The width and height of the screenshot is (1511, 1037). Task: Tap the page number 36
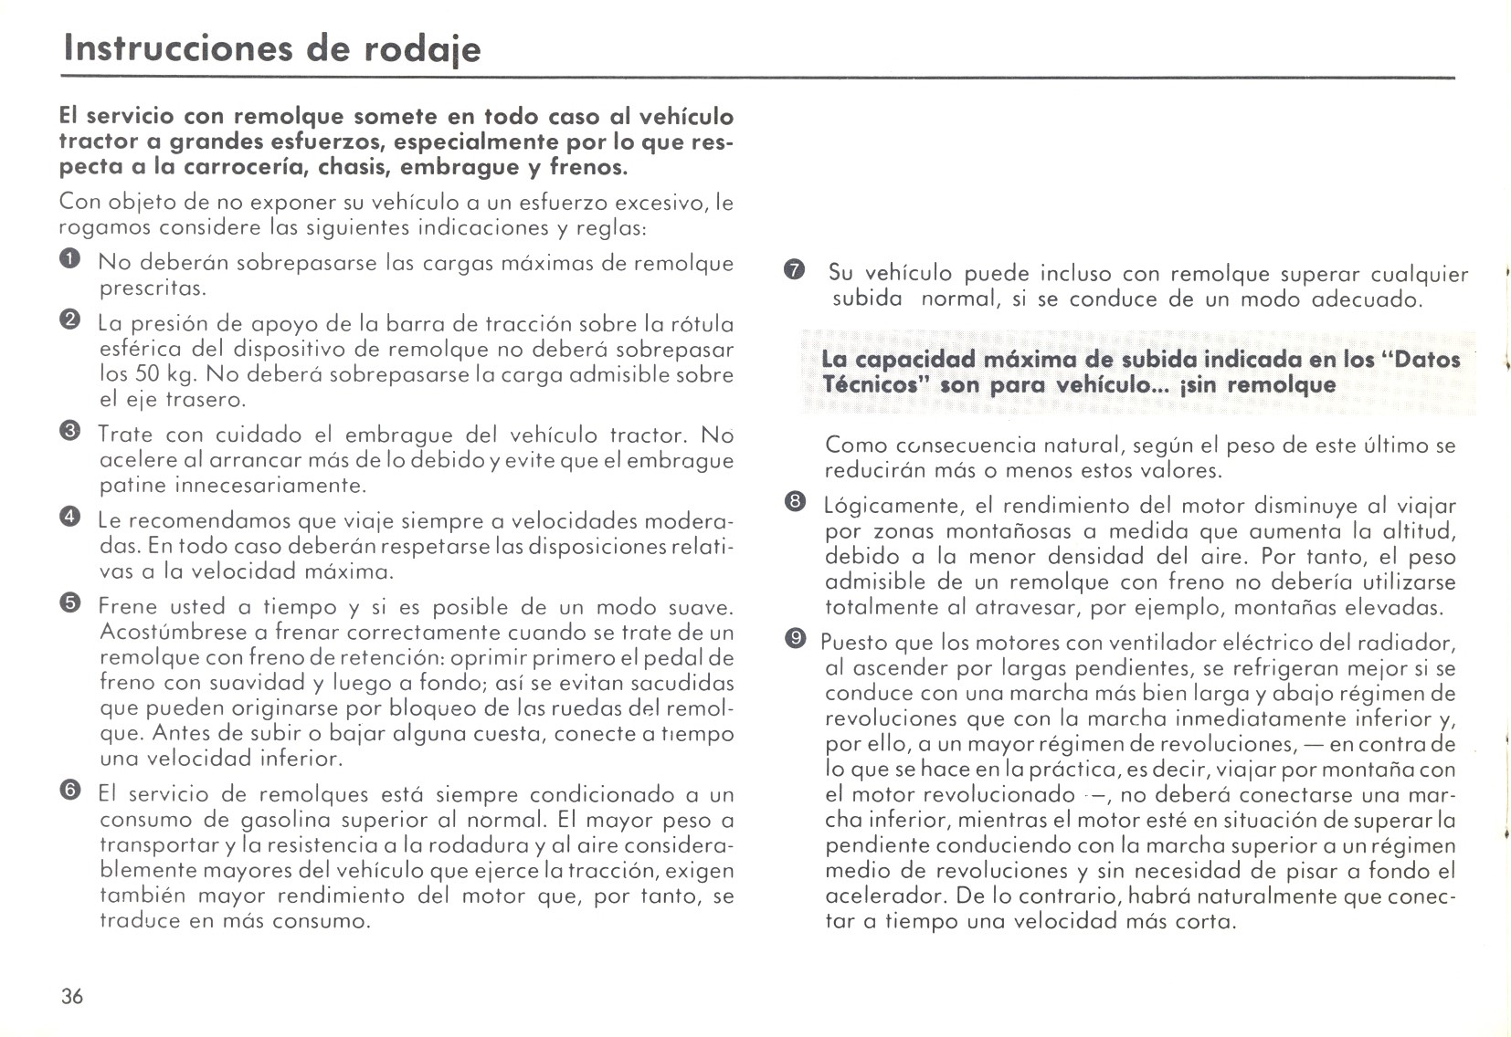pyautogui.click(x=72, y=996)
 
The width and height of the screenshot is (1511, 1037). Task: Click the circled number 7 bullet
pyautogui.click(x=793, y=271)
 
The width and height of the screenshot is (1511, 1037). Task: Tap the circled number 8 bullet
pyautogui.click(x=794, y=502)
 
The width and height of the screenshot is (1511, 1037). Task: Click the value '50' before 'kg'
pyautogui.click(x=148, y=374)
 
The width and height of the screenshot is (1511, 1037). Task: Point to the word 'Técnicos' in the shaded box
pyautogui.click(x=869, y=384)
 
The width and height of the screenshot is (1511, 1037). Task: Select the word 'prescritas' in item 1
pyautogui.click(x=152, y=288)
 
